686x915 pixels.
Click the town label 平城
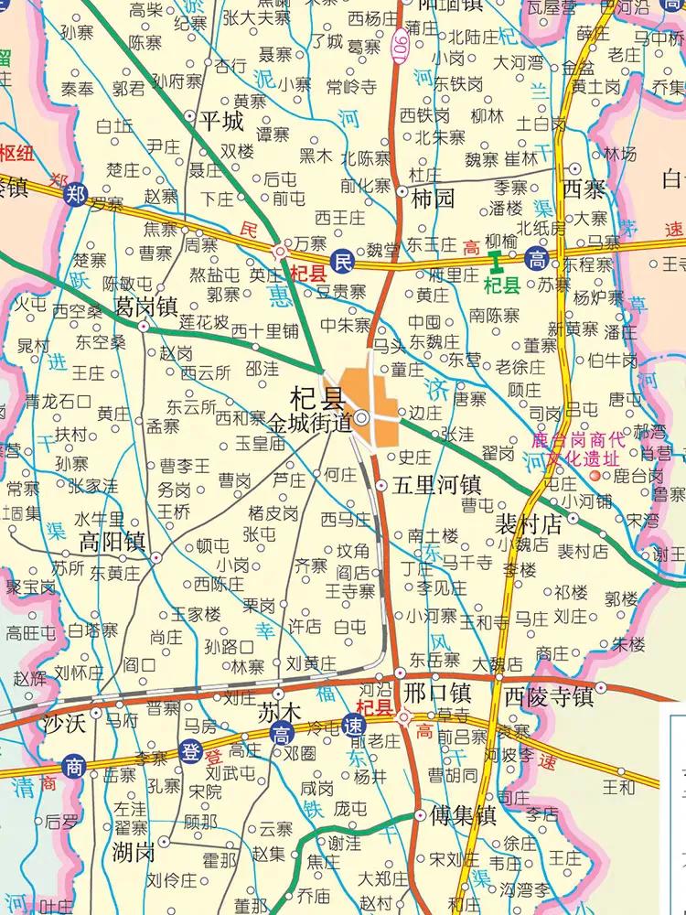coord(221,121)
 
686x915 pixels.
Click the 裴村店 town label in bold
coord(528,523)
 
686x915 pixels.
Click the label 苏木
coord(279,711)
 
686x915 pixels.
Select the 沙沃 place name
coord(64,724)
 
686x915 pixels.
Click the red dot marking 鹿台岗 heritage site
coord(596,476)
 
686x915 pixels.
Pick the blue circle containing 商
coord(74,764)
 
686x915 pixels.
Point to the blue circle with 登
coord(189,753)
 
